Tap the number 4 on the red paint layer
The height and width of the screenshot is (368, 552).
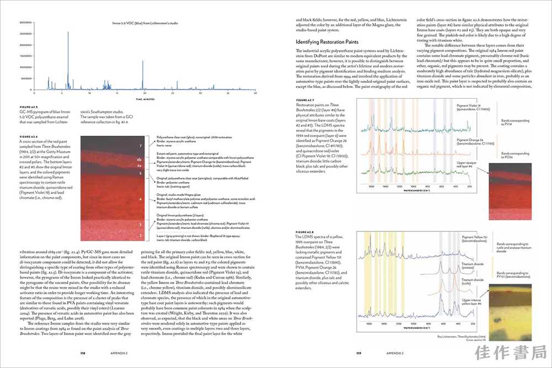(141, 199)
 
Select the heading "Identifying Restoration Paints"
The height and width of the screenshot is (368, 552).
(327, 42)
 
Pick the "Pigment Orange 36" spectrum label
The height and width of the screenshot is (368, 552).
(470, 140)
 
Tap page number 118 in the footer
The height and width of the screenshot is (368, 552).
(82, 353)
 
